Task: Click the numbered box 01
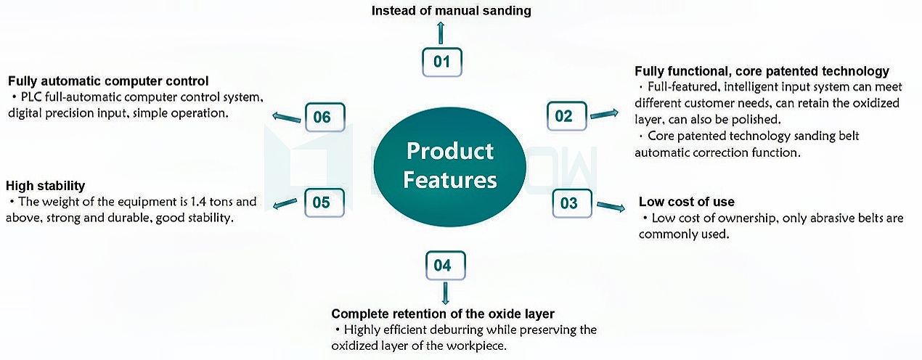tap(442, 62)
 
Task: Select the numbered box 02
tap(564, 116)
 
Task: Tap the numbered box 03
tap(569, 203)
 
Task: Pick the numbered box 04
tap(442, 266)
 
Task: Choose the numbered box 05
tap(322, 202)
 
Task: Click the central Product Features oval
tap(450, 165)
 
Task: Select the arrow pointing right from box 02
tap(605, 114)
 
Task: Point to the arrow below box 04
tap(444, 292)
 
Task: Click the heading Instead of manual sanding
tap(452, 11)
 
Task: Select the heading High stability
tap(45, 186)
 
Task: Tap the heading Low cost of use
tap(686, 202)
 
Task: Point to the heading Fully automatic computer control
tap(108, 81)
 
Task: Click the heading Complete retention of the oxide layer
tap(443, 314)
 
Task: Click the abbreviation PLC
tap(31, 97)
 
